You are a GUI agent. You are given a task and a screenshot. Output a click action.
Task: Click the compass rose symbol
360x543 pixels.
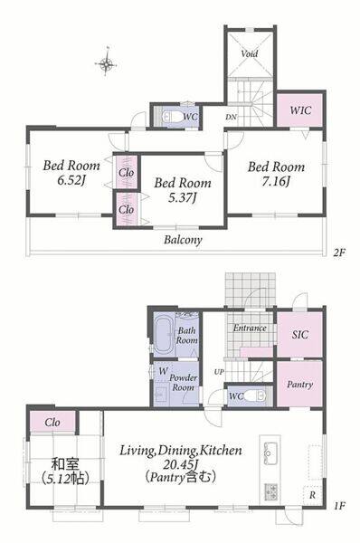[x=106, y=63]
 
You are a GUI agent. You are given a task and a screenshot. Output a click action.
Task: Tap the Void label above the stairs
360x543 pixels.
[x=250, y=53]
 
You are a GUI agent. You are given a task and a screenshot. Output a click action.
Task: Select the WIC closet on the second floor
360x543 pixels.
[x=300, y=110]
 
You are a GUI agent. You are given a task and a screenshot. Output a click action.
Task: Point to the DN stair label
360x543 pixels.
[x=231, y=118]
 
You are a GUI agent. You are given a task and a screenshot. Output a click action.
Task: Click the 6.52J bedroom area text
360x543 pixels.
[x=71, y=180]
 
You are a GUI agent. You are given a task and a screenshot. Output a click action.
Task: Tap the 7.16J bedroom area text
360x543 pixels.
[x=276, y=182]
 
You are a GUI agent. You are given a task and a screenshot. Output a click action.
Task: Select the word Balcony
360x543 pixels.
[x=183, y=240]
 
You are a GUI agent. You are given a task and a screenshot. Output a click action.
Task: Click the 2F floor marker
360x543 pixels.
[x=339, y=252]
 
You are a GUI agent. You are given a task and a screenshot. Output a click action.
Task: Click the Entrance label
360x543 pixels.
[x=250, y=328]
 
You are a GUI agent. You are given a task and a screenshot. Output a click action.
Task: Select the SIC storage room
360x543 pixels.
[x=299, y=334]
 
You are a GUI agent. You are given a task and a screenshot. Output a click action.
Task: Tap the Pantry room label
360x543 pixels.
[x=299, y=385]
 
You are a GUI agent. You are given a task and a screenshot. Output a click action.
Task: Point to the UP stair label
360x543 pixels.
[x=219, y=372]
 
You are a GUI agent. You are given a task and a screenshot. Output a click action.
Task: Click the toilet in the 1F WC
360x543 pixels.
[x=256, y=395]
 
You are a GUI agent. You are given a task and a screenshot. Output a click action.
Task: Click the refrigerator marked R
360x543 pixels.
[x=313, y=495]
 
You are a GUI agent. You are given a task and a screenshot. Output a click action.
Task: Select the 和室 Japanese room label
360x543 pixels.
[x=65, y=463]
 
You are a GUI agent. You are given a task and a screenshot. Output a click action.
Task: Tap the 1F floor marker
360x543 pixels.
[x=339, y=506]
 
